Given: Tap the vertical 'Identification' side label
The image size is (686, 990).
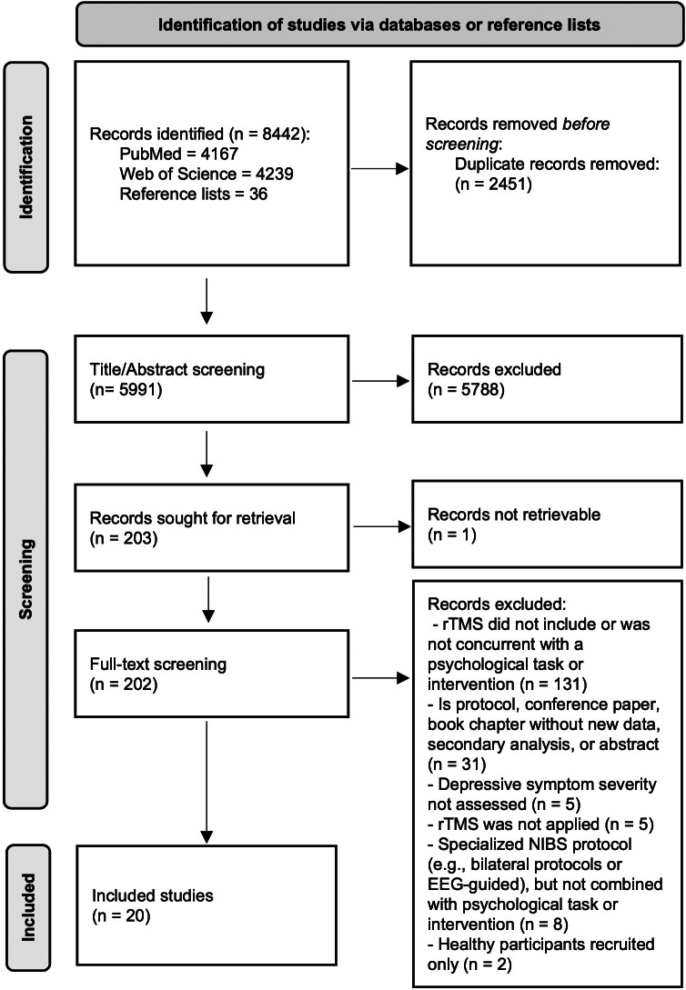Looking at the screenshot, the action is [25, 166].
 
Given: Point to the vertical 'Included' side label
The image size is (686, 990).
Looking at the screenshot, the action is [25, 908].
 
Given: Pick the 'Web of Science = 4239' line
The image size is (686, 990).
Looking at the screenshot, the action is [198, 175].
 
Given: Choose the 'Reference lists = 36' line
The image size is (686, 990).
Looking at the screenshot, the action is [193, 194].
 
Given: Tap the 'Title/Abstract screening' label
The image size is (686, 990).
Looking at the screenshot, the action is [177, 369].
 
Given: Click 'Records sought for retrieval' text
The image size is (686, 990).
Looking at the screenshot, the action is [193, 518].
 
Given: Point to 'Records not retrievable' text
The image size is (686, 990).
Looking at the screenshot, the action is [514, 515].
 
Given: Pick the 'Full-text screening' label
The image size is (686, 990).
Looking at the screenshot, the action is [158, 665].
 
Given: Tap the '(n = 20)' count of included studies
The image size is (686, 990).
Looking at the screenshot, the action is [121, 915].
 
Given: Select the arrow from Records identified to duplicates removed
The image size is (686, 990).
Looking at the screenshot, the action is [379, 169].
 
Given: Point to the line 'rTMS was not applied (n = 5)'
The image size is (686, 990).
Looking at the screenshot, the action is [540, 824].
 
